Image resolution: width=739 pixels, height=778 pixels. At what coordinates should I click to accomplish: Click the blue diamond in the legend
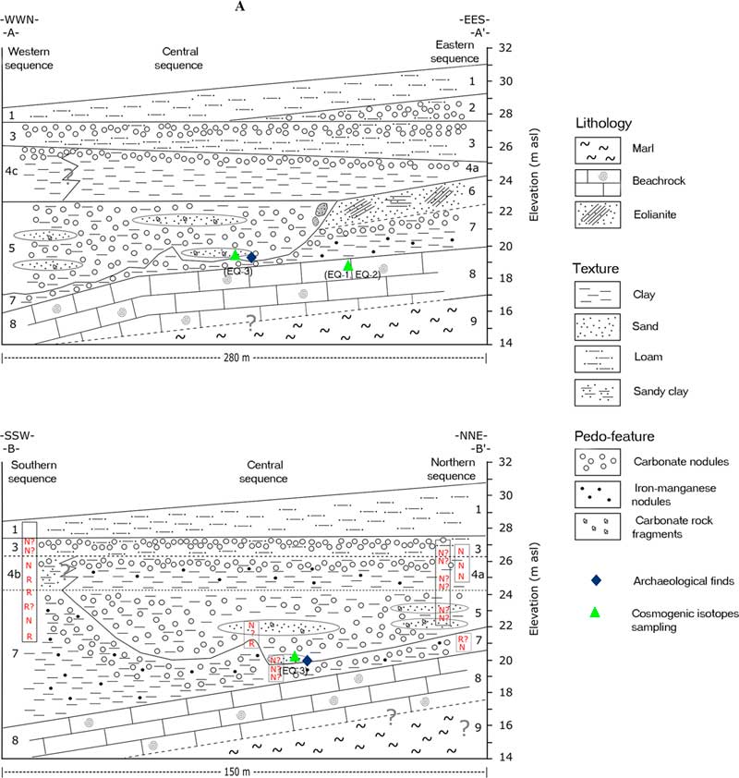click(598, 580)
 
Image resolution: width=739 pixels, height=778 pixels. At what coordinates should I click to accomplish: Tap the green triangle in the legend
click(598, 613)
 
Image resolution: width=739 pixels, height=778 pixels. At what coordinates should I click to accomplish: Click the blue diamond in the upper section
click(251, 257)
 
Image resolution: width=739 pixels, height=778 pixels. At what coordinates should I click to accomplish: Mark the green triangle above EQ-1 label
click(347, 265)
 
